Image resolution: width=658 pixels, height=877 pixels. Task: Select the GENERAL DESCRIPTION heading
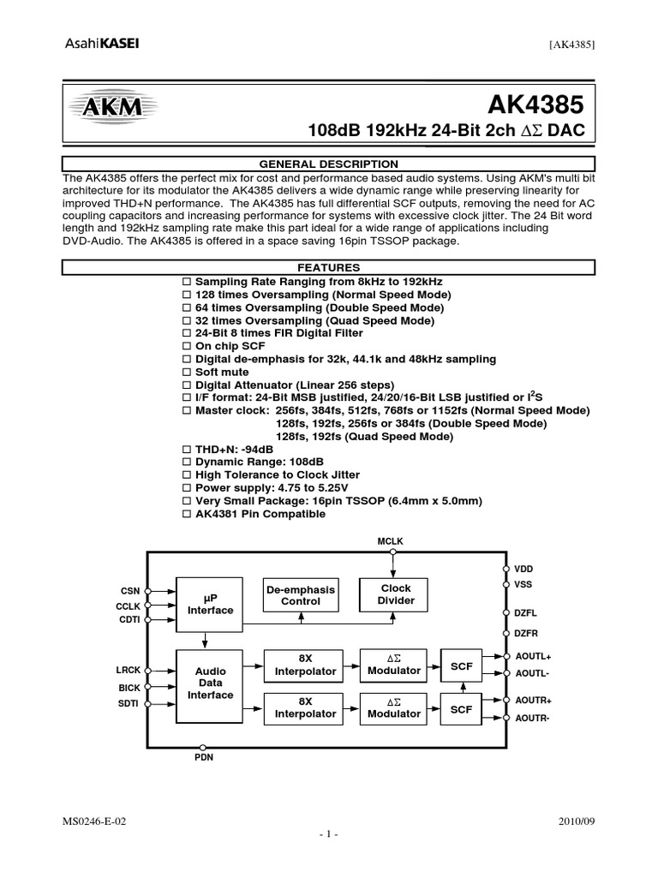point(329,164)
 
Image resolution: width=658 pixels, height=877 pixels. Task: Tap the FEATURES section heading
point(329,268)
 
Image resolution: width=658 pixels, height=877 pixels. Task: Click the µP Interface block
point(210,604)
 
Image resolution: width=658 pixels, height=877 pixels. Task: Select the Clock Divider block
point(395,594)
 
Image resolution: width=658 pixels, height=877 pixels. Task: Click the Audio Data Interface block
point(210,683)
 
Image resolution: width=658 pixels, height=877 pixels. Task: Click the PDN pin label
point(203,757)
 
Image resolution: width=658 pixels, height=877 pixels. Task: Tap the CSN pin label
point(129,591)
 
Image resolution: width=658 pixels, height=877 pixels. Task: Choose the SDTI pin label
point(128,703)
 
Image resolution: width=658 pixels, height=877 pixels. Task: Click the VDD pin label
point(523,568)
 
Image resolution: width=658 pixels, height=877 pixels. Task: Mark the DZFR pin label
point(525,632)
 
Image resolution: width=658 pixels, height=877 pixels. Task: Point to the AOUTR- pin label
point(531,718)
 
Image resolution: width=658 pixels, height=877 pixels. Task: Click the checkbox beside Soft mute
point(188,373)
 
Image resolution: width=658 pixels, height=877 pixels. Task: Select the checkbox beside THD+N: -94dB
point(188,449)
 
